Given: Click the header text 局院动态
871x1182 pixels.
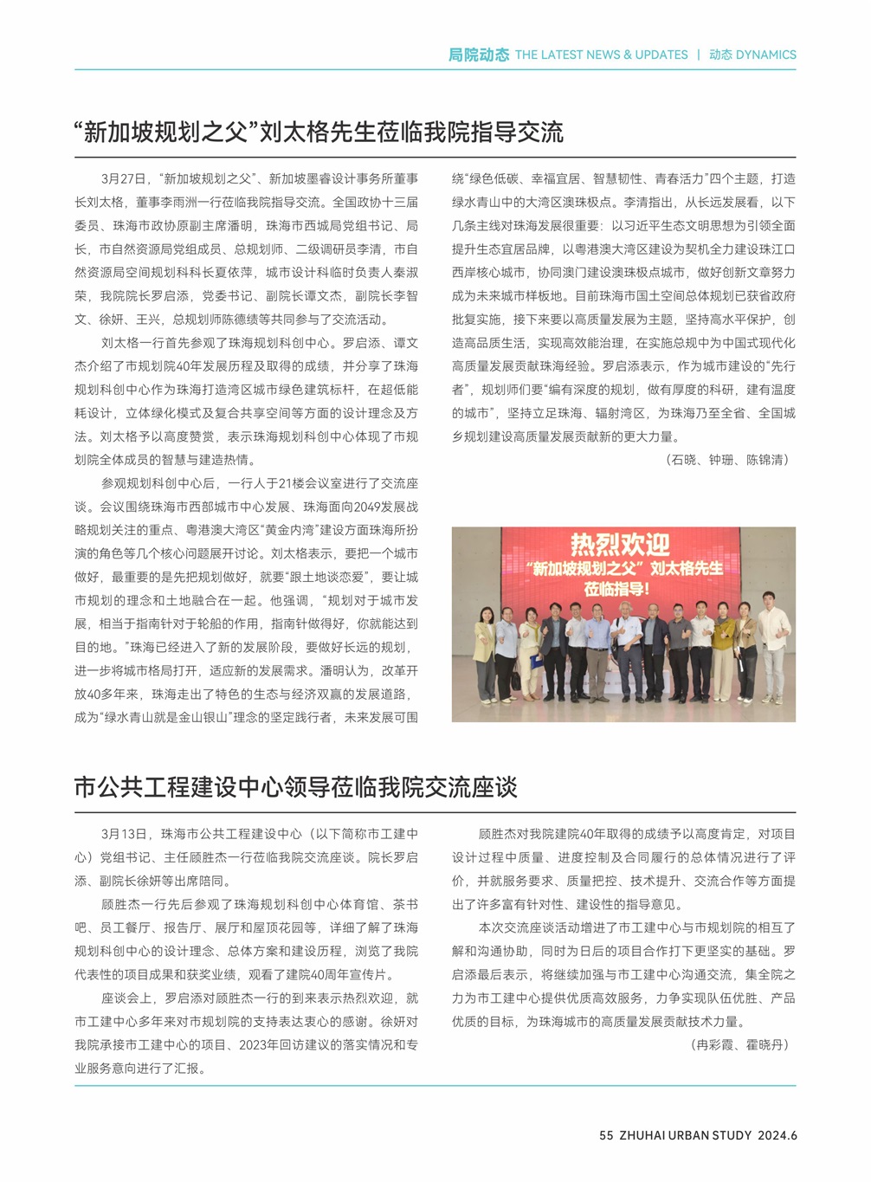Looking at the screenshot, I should pos(478,55).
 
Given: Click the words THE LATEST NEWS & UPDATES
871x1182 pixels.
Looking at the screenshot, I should pos(601,55).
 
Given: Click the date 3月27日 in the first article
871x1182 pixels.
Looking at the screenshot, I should pos(124,179).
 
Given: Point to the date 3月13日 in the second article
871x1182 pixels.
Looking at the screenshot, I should pos(124,834).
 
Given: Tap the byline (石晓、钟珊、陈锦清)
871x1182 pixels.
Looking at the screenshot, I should pos(728,460).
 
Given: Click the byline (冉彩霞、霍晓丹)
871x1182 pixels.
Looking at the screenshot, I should pos(740,1045).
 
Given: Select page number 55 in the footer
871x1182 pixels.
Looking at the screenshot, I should pos(606,1135).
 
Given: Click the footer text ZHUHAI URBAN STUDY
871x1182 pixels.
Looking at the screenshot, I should pos(686,1135).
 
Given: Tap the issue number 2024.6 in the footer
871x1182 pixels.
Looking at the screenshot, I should pos(777,1135).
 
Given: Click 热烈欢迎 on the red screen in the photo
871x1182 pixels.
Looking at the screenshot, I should pos(620,545).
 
